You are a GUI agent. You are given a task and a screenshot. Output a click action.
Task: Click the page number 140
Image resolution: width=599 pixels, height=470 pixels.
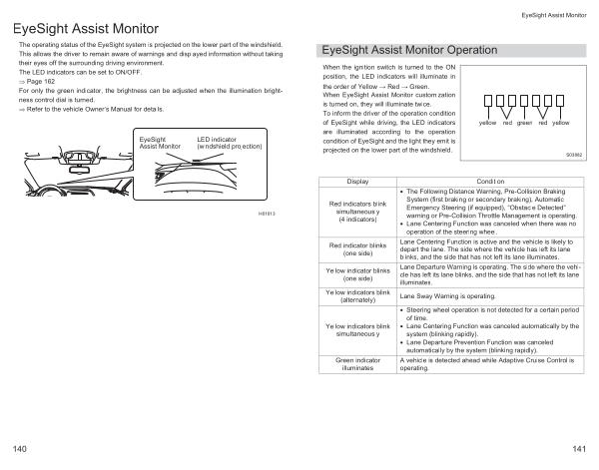[x=20, y=443]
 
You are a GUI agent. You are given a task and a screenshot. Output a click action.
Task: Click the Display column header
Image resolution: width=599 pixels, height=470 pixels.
[x=356, y=182]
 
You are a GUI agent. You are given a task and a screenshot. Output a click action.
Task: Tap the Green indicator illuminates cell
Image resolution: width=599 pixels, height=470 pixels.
[x=356, y=362]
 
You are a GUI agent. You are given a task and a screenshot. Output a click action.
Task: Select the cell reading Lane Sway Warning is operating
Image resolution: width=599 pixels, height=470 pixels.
[x=447, y=296]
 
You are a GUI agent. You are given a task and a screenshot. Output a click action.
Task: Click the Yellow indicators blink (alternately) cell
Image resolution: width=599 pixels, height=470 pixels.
[x=356, y=296]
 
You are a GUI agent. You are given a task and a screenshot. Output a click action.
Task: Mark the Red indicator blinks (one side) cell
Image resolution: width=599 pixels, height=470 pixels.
[x=356, y=248]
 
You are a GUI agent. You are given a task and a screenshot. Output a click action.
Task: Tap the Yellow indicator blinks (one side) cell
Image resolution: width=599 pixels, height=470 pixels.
[x=356, y=274]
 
